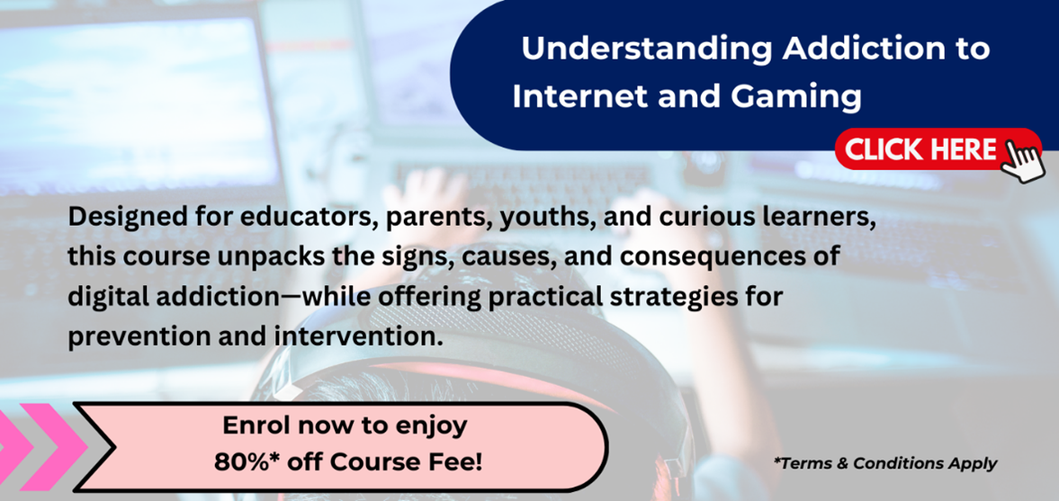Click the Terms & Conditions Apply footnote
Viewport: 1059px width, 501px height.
click(885, 464)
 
